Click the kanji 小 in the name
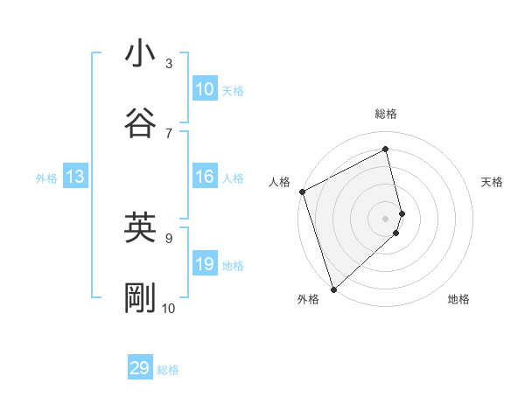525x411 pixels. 140,54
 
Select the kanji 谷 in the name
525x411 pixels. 140,123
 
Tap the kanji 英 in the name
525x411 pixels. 140,228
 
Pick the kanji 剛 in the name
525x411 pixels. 140,299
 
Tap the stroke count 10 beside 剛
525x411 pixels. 169,308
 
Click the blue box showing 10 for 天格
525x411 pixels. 205,88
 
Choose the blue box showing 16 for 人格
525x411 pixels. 205,177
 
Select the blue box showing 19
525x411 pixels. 205,263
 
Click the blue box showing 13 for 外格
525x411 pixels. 75,177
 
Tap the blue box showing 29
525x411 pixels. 140,368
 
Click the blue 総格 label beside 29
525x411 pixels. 169,370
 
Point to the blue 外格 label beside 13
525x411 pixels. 46,178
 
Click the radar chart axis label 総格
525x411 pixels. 386,114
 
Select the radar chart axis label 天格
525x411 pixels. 493,182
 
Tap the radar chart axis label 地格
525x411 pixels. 458,299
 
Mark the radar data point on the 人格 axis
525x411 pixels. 302,192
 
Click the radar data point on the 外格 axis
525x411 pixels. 333,289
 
